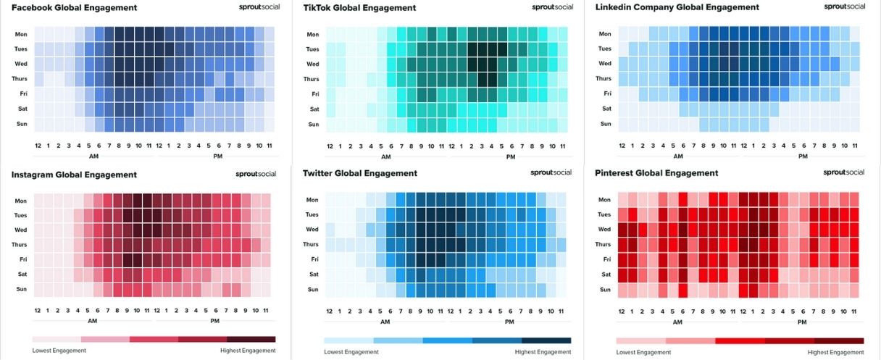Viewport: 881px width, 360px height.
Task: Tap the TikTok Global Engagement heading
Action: coord(359,7)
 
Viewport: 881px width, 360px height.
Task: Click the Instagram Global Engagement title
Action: coord(74,175)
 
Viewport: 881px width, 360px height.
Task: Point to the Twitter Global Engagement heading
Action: coord(360,173)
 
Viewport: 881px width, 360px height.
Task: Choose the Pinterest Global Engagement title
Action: coord(656,173)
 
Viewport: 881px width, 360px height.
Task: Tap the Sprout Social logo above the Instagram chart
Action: coord(256,174)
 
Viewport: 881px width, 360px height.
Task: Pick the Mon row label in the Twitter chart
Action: coord(312,200)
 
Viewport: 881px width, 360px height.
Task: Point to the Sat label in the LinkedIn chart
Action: coord(604,109)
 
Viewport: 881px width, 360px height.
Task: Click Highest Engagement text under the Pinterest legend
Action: coord(835,352)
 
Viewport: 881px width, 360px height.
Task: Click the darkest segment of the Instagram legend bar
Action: coord(251,339)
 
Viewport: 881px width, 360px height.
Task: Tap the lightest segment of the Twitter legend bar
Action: coord(348,340)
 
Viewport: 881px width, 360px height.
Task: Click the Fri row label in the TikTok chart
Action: coord(314,94)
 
